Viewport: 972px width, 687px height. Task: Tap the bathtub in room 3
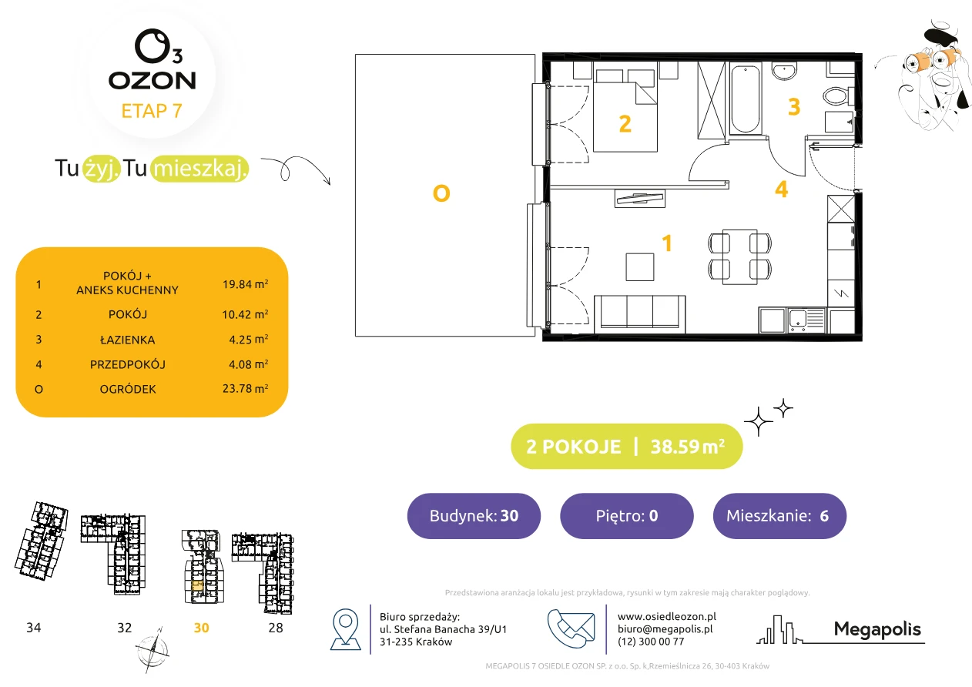click(746, 99)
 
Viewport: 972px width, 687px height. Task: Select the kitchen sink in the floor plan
click(806, 320)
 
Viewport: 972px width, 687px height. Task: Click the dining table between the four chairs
click(740, 257)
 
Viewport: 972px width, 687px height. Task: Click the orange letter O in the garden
click(441, 193)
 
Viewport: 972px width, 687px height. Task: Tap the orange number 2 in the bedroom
click(625, 124)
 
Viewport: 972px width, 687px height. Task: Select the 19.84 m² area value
click(245, 284)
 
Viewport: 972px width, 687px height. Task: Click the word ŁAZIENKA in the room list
click(128, 340)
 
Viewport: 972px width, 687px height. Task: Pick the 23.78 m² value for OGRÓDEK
click(245, 388)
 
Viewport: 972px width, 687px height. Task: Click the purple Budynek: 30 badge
click(474, 515)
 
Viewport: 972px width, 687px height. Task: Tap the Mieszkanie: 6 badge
click(779, 515)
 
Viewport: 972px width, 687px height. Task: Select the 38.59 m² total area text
click(687, 447)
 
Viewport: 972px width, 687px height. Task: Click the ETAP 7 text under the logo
click(152, 111)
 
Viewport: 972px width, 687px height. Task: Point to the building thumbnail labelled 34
click(42, 541)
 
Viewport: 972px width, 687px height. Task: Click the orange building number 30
click(201, 628)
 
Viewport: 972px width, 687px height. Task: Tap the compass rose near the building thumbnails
click(153, 650)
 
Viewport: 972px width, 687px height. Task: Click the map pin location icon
click(345, 628)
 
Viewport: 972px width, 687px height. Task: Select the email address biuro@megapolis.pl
click(665, 628)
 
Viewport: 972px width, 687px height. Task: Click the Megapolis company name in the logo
click(877, 629)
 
